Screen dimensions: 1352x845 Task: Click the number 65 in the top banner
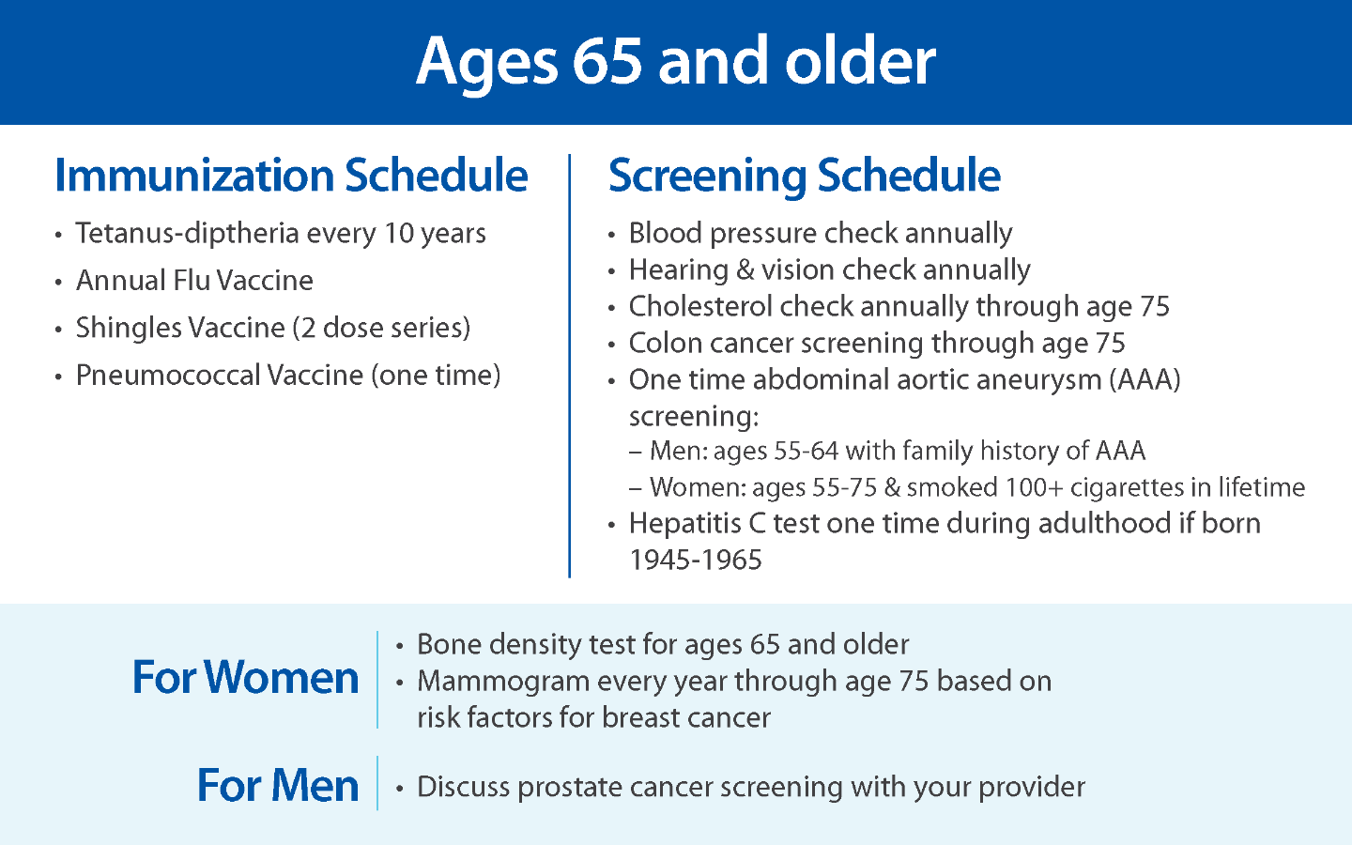[607, 61]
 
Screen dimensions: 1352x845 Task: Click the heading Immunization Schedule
[291, 176]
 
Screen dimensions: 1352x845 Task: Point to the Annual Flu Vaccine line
[194, 281]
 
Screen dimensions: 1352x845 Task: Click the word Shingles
[129, 329]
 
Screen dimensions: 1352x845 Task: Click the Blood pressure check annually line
[821, 234]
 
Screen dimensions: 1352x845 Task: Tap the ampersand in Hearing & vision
[745, 269]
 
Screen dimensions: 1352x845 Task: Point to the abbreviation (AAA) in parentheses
[1145, 379]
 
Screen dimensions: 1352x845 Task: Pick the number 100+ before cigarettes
[1034, 487]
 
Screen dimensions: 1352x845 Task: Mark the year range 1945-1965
[696, 560]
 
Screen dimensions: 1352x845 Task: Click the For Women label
[245, 677]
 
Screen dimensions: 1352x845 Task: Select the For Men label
[278, 785]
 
